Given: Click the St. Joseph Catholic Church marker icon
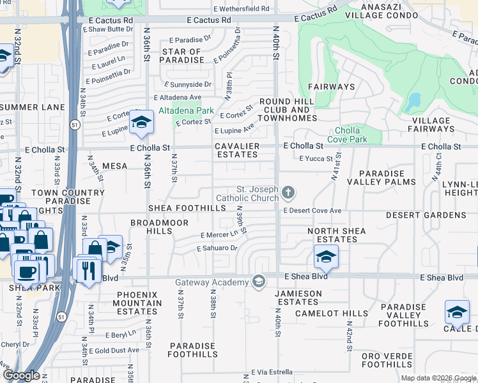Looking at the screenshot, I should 289,192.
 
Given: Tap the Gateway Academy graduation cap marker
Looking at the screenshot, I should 259,282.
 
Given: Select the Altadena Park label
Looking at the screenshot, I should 186,110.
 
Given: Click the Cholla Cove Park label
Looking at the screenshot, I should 347,135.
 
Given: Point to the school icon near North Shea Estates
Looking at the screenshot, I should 326,257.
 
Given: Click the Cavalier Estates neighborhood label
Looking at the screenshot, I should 237,150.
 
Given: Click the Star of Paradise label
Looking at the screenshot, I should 183,56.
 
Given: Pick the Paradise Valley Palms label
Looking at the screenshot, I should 381,177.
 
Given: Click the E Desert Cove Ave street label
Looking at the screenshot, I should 313,210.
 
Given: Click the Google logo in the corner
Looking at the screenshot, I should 22,375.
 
